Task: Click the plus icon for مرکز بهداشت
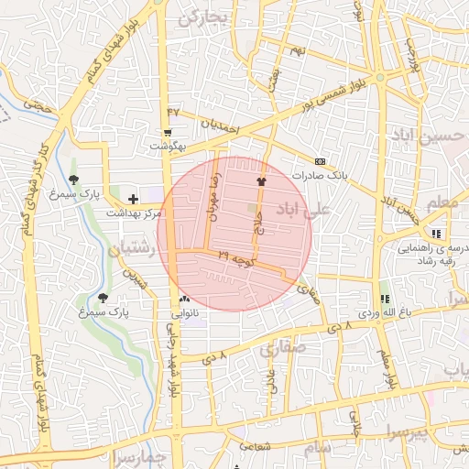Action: click(134, 198)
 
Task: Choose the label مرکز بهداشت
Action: click(132, 213)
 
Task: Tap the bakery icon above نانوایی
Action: click(185, 299)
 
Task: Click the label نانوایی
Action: click(185, 312)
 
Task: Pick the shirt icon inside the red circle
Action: click(261, 181)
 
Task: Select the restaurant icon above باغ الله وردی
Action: click(385, 299)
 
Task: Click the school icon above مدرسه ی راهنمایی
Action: click(436, 234)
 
